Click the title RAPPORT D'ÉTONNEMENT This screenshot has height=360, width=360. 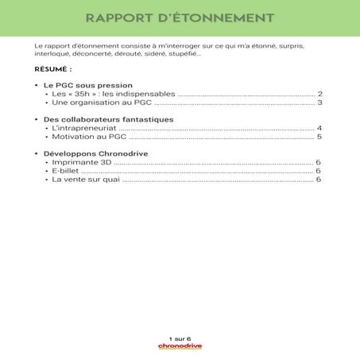[180, 17]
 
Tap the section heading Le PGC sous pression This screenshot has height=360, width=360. [87, 85]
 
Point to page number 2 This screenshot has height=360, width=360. [319, 94]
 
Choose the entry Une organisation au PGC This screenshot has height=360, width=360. [95, 103]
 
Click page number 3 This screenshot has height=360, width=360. [319, 103]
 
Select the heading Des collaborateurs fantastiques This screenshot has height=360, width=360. [109, 119]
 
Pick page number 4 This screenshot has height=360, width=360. [319, 128]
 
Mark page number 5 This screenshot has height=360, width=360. [319, 137]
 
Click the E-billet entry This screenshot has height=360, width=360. [65, 171]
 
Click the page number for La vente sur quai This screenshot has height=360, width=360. [319, 180]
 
